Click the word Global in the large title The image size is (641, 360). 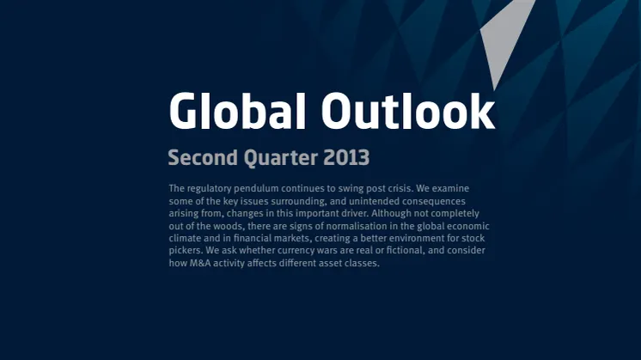237,110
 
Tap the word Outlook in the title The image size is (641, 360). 408,110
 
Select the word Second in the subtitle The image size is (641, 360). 203,157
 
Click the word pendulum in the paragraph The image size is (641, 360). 256,189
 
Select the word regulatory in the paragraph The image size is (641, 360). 209,189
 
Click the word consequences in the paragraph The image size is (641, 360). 434,201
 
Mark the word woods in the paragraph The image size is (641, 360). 228,226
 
